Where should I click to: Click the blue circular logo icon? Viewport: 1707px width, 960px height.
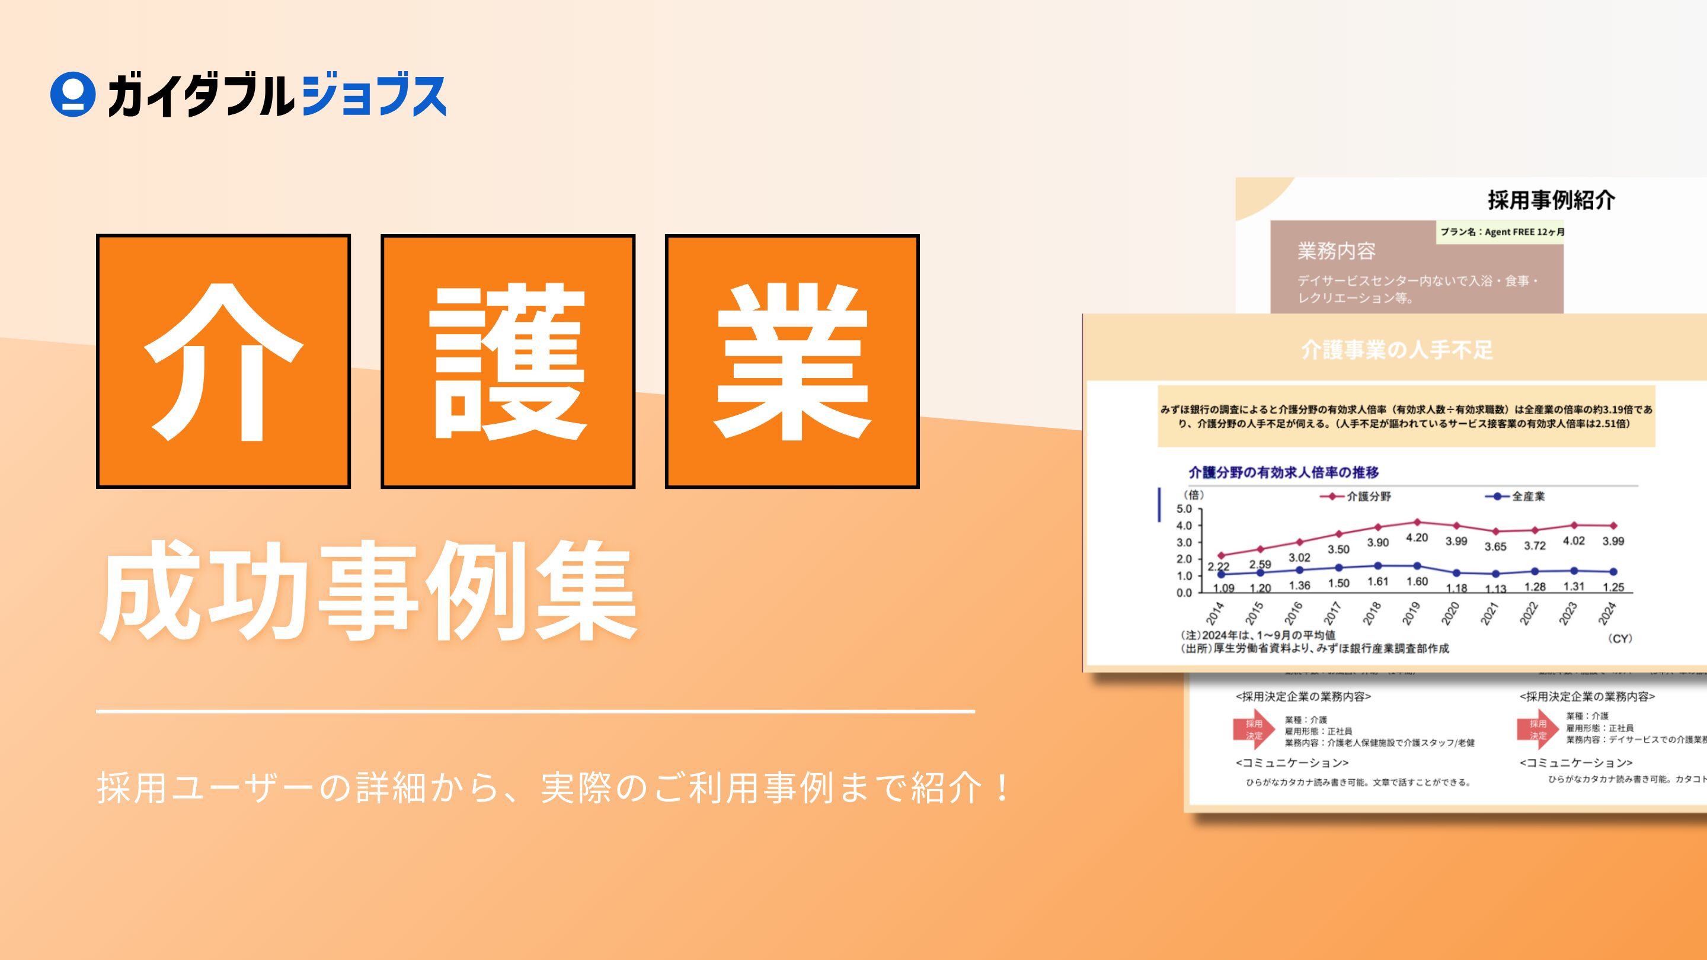[x=72, y=95]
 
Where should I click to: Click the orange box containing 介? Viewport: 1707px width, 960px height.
[x=223, y=361]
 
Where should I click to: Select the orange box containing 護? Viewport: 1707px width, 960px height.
[x=507, y=361]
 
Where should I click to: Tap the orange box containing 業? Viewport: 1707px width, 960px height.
[x=792, y=361]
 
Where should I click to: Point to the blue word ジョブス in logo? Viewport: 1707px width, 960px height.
[x=373, y=97]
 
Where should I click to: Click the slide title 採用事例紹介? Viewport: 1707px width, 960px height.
[x=1551, y=200]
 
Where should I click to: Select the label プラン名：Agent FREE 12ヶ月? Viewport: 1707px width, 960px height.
[x=1501, y=232]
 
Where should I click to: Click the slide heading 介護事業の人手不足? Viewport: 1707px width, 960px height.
[x=1397, y=350]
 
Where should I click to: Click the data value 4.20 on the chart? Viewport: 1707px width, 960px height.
[x=1417, y=538]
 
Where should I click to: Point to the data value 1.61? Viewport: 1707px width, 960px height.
[x=1377, y=582]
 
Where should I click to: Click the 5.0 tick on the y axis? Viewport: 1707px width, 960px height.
[x=1184, y=509]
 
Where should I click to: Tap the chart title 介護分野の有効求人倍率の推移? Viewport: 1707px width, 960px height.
[x=1284, y=472]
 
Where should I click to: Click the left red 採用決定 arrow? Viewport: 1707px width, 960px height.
[x=1254, y=729]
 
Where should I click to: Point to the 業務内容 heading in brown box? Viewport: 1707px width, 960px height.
[x=1336, y=251]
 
